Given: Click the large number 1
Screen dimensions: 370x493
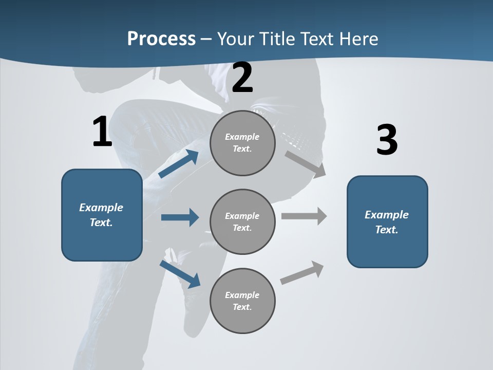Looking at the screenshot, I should pyautogui.click(x=102, y=132).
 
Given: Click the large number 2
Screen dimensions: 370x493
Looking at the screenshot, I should pyautogui.click(x=242, y=78).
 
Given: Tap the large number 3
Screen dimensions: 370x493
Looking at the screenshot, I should pyautogui.click(x=387, y=140).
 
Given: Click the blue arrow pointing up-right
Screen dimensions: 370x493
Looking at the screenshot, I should pyautogui.click(x=179, y=163).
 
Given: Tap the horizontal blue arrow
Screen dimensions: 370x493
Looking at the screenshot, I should pyautogui.click(x=180, y=217).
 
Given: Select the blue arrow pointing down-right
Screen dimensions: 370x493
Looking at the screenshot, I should pyautogui.click(x=180, y=273).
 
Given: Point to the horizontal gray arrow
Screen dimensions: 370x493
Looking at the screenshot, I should pyautogui.click(x=304, y=216).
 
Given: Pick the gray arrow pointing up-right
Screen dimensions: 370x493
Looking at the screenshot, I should pyautogui.click(x=302, y=272).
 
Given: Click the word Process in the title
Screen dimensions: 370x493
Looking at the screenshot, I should pyautogui.click(x=161, y=39).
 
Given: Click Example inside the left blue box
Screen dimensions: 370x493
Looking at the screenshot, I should pyautogui.click(x=101, y=208).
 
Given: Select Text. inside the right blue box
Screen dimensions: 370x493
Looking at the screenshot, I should pyautogui.click(x=387, y=230).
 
